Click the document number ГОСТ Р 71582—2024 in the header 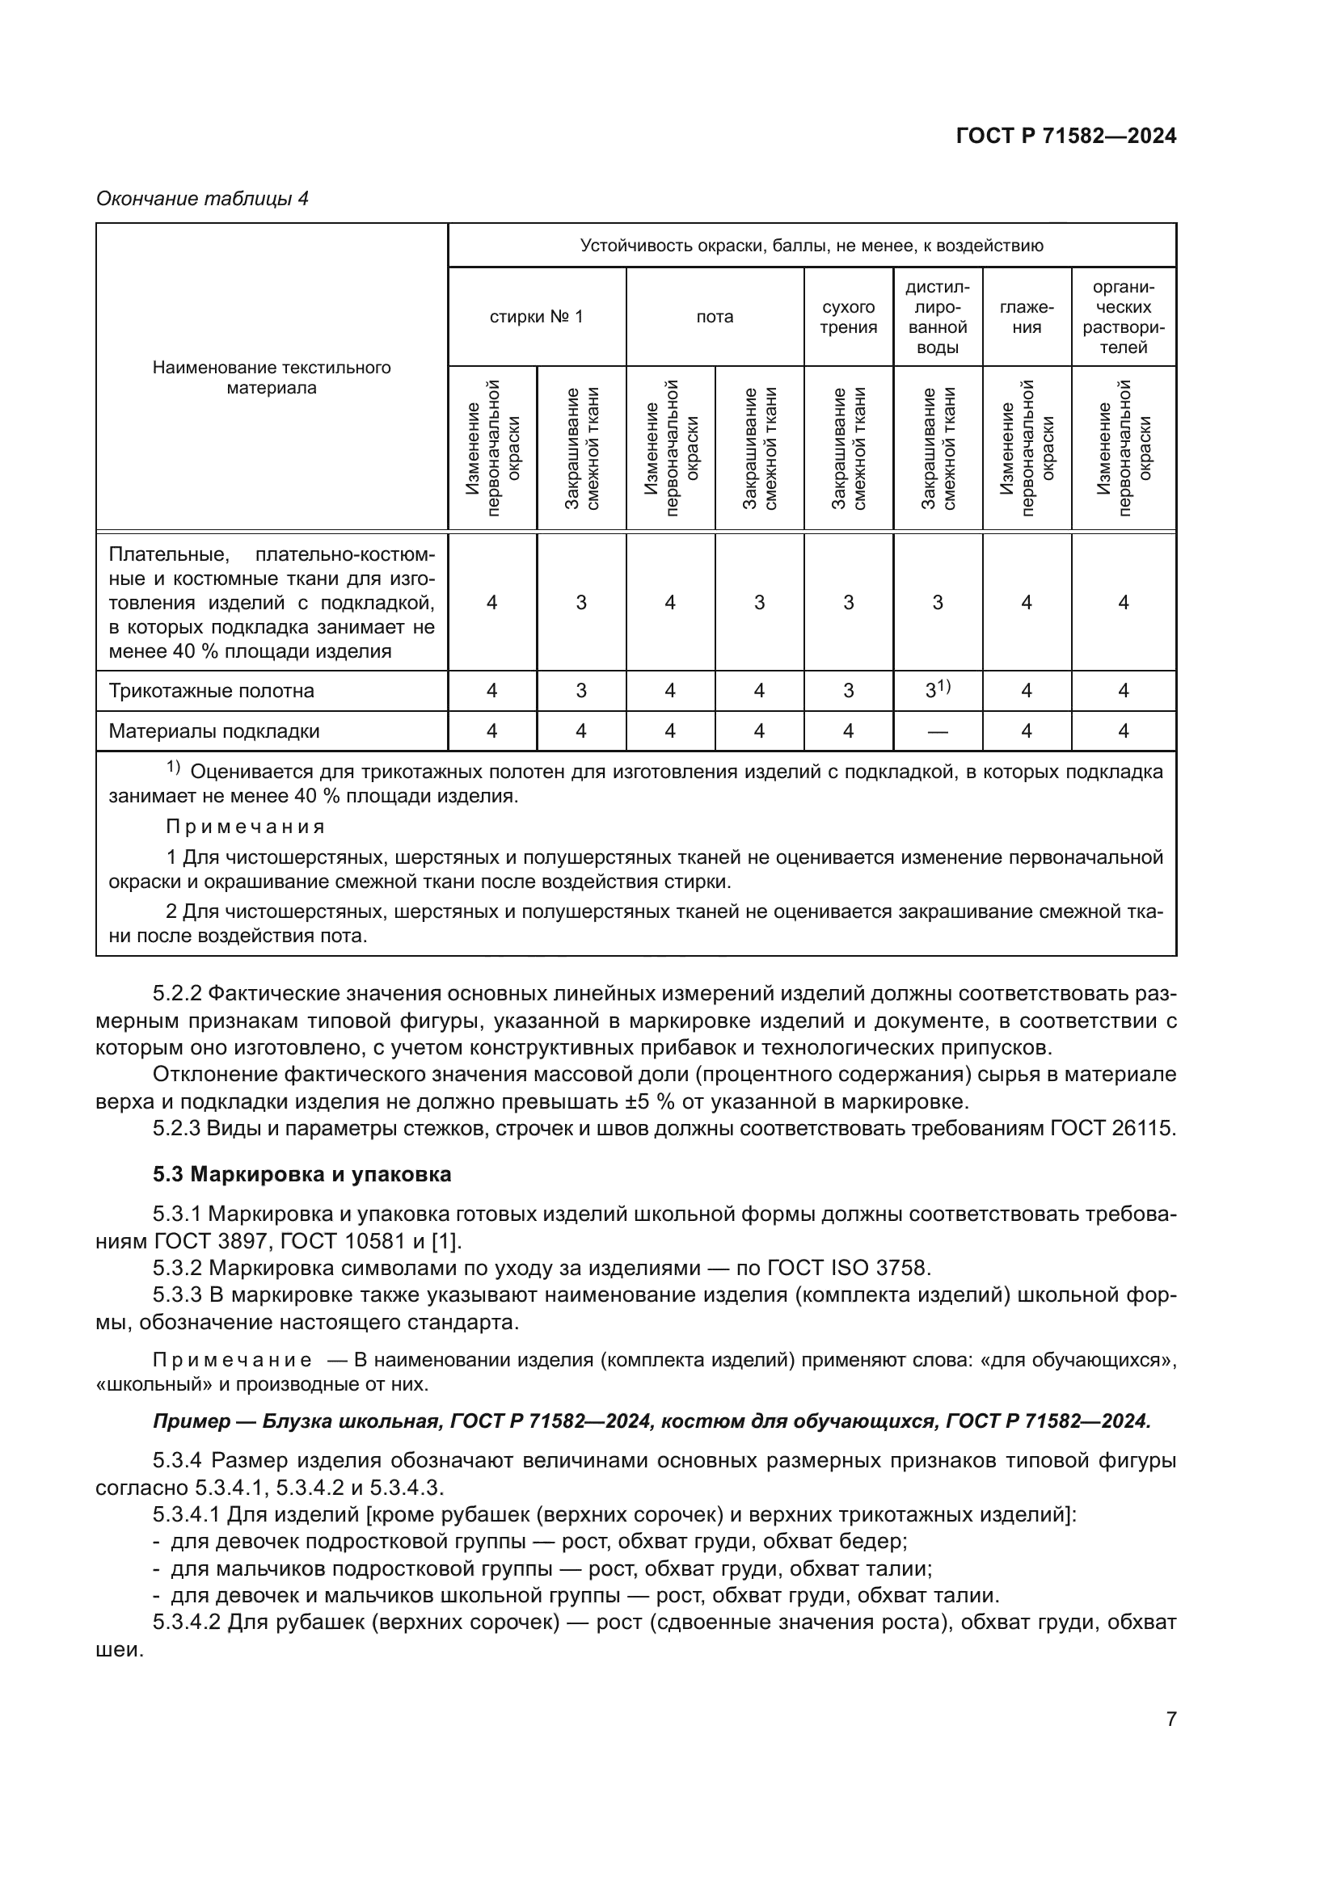(x=1065, y=136)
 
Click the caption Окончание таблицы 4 (x=202, y=199)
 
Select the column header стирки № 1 (x=536, y=317)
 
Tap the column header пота (x=714, y=317)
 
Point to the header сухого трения (x=848, y=317)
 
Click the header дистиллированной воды (x=937, y=317)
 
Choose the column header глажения (x=1026, y=317)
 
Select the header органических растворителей (x=1123, y=317)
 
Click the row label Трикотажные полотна (x=211, y=691)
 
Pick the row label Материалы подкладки (x=214, y=731)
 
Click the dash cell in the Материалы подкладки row (x=937, y=731)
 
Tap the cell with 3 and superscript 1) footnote (x=937, y=690)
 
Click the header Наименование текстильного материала (x=271, y=377)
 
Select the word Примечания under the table (x=246, y=827)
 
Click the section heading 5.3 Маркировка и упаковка (x=302, y=1174)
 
